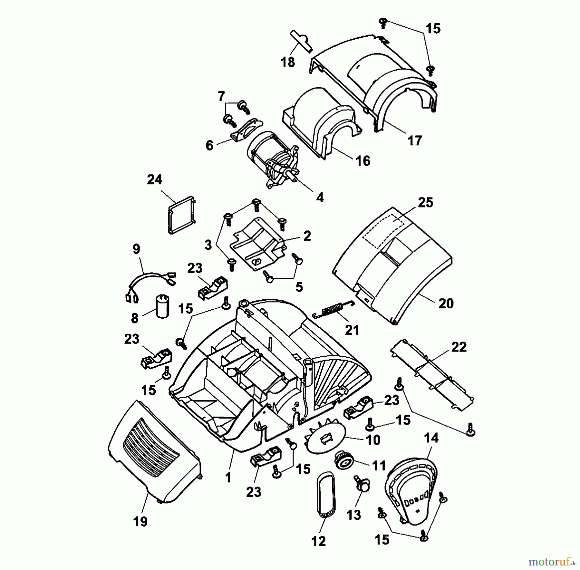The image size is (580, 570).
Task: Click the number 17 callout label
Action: click(414, 141)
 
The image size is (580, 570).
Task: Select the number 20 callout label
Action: click(446, 303)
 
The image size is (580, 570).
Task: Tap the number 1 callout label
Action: click(228, 478)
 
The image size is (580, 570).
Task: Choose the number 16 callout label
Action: click(363, 161)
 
